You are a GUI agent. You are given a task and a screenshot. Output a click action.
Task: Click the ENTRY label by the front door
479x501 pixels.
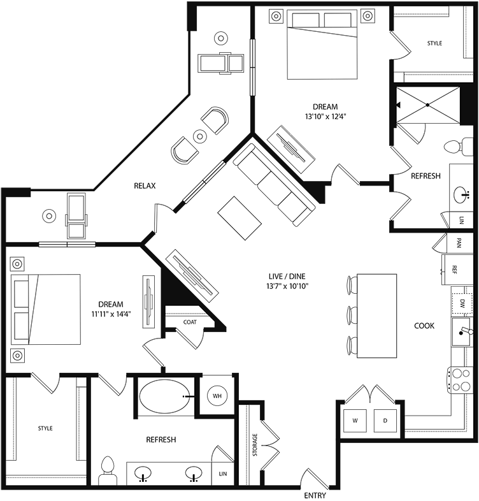(315, 495)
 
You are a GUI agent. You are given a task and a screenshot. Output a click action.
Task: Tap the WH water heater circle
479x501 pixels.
(217, 396)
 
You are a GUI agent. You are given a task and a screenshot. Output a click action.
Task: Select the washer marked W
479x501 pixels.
(354, 420)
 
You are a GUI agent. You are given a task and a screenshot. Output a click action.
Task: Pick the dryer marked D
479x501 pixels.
(385, 420)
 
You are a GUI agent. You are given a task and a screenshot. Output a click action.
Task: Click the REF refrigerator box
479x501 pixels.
(455, 269)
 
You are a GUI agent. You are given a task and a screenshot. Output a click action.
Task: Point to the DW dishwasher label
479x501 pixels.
(463, 302)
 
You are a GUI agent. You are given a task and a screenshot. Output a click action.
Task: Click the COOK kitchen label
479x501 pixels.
(424, 326)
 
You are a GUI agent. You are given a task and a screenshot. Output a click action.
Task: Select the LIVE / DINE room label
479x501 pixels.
(287, 276)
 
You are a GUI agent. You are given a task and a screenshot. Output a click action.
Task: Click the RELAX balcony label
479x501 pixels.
(145, 185)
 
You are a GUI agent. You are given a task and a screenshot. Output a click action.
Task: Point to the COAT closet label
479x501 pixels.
(190, 322)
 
